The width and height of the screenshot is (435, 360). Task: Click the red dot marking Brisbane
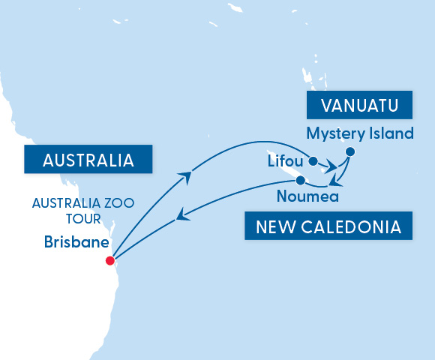point(110,261)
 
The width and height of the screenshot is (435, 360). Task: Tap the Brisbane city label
point(75,243)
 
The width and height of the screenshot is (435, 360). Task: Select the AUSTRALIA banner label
point(88,160)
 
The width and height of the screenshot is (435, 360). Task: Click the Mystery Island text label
point(360,134)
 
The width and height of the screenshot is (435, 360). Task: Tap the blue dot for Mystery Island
point(350,152)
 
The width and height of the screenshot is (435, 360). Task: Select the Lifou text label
point(285,160)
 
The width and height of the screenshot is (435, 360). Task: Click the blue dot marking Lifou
point(313,160)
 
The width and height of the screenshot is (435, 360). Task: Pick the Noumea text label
point(307,197)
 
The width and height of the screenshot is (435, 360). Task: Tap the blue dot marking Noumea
point(300,181)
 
